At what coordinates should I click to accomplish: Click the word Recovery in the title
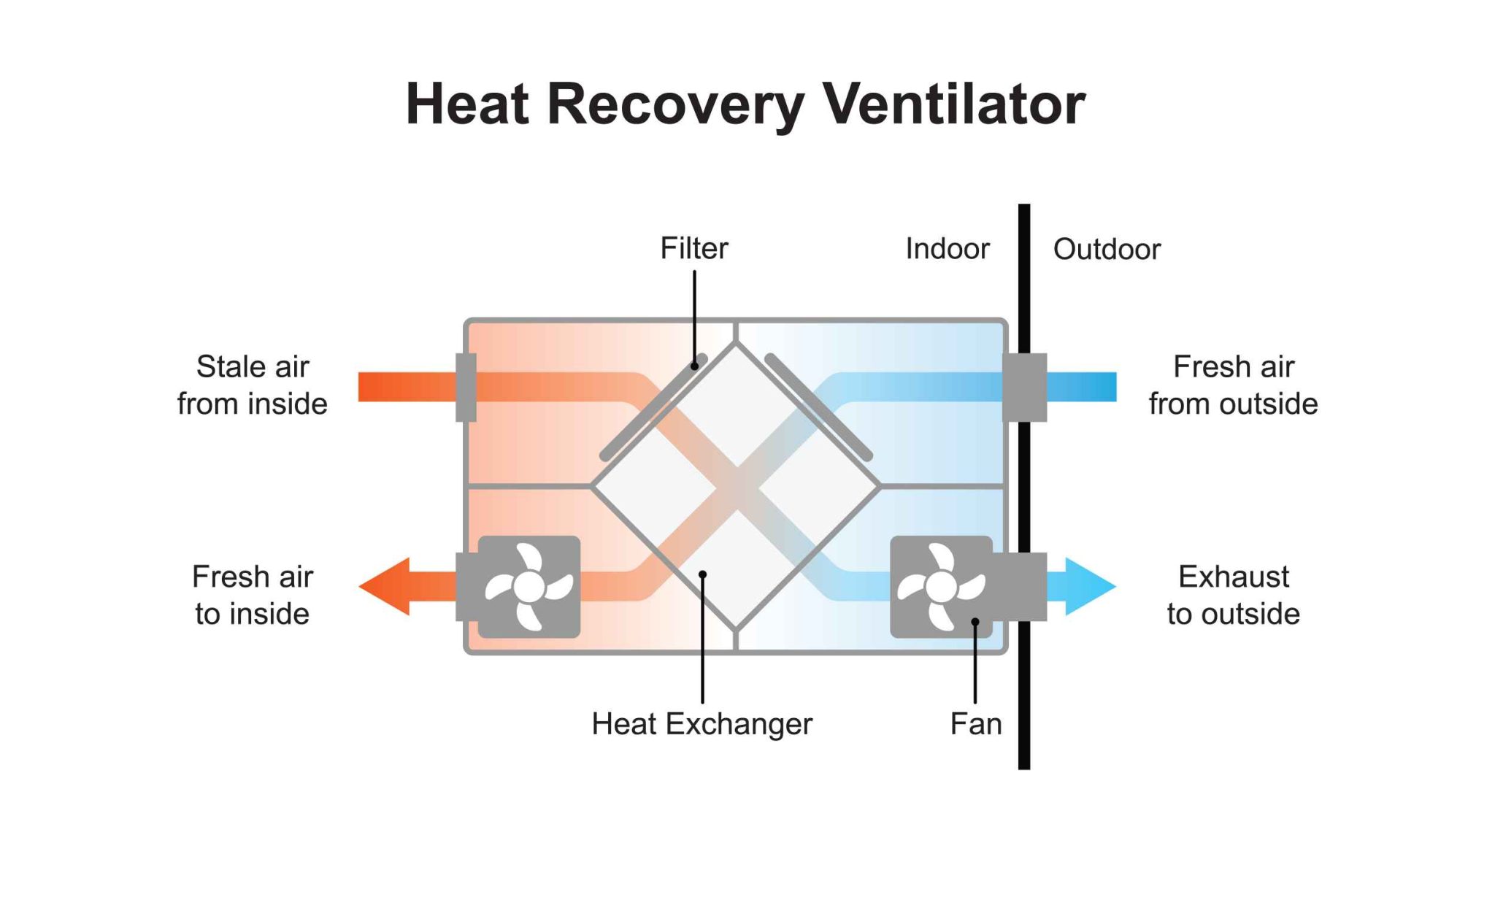pyautogui.click(x=675, y=104)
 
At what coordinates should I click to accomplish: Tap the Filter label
pyautogui.click(x=693, y=248)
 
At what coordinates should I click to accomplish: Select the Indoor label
pyautogui.click(x=947, y=249)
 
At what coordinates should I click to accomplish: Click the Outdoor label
pyautogui.click(x=1106, y=250)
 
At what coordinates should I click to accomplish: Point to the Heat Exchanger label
pyautogui.click(x=701, y=724)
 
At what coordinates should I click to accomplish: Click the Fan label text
pyautogui.click(x=975, y=724)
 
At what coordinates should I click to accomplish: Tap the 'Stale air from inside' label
pyautogui.click(x=252, y=385)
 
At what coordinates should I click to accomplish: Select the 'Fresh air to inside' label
pyautogui.click(x=252, y=595)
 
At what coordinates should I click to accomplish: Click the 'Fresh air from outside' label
pyautogui.click(x=1233, y=385)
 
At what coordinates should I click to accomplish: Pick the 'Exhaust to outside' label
pyautogui.click(x=1233, y=595)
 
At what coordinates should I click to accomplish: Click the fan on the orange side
pyautogui.click(x=529, y=587)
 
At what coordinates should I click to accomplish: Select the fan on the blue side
pyautogui.click(x=941, y=587)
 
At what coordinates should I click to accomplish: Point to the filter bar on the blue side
pyautogui.click(x=819, y=407)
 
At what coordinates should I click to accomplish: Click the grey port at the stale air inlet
pyautogui.click(x=466, y=387)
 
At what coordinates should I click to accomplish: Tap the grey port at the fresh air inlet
pyautogui.click(x=1024, y=387)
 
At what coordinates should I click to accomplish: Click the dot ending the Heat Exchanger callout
pyautogui.click(x=702, y=574)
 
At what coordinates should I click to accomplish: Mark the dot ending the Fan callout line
pyautogui.click(x=975, y=622)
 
